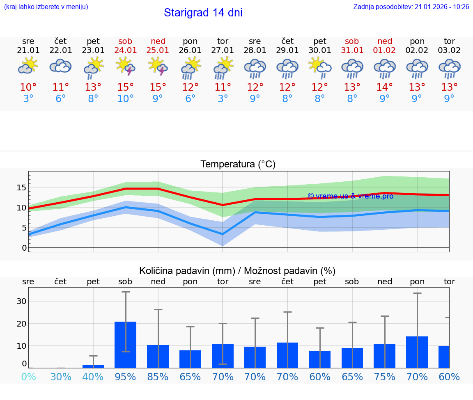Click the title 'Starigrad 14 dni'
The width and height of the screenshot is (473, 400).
[203, 13]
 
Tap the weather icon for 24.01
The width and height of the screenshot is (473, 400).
[126, 66]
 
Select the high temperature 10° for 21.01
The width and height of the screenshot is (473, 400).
[28, 87]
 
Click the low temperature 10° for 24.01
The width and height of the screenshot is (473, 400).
[126, 99]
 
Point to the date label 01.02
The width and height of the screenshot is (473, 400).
[385, 50]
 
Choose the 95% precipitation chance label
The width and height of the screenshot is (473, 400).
[126, 377]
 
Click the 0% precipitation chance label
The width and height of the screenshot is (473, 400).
[28, 377]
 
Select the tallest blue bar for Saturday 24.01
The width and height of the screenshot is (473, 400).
[126, 345]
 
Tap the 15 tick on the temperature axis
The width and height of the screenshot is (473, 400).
[21, 187]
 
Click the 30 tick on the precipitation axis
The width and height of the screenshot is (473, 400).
[21, 301]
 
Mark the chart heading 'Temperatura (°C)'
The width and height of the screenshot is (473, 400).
[238, 165]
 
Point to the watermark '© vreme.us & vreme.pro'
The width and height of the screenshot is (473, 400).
[350, 196]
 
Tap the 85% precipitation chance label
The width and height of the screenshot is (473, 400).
[158, 377]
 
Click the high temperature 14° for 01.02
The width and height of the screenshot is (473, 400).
[385, 87]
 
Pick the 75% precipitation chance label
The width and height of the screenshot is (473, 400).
[385, 377]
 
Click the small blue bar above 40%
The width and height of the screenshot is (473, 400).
[93, 366]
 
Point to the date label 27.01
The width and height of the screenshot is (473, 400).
[223, 50]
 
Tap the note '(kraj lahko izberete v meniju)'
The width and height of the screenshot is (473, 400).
[46, 7]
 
